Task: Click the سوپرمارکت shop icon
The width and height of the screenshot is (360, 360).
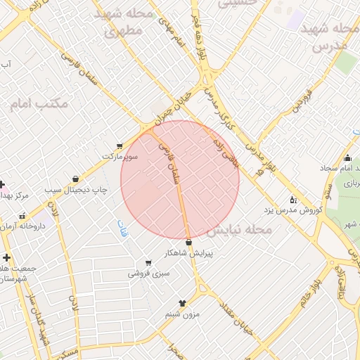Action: [x=119, y=146]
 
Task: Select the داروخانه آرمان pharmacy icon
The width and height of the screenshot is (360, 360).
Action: [x=23, y=216]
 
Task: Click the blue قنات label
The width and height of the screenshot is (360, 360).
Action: [x=116, y=228]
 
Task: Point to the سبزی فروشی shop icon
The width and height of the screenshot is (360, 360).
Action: [x=148, y=262]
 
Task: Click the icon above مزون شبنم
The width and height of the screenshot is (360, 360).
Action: [x=183, y=303]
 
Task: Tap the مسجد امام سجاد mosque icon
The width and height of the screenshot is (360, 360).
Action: [x=347, y=158]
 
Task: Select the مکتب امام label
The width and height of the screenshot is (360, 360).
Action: [x=39, y=104]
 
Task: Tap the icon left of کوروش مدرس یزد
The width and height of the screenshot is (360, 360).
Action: [x=293, y=200]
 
